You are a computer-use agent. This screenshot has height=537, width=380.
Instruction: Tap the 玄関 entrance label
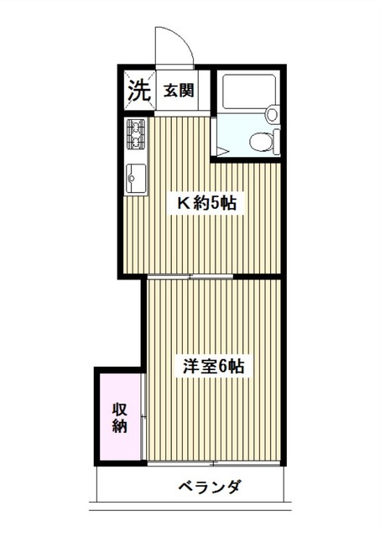click(179, 90)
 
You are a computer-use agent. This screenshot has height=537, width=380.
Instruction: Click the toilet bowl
click(263, 141)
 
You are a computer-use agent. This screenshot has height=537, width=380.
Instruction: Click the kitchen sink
click(135, 177)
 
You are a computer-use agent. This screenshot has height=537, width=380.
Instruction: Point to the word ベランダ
click(210, 487)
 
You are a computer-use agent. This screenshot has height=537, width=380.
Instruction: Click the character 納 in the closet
click(119, 426)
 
